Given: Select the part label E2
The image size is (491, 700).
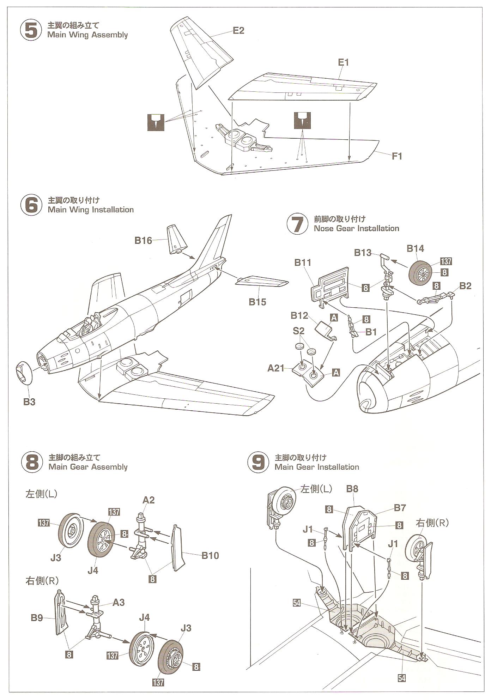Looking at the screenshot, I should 238,31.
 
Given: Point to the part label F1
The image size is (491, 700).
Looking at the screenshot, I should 397,156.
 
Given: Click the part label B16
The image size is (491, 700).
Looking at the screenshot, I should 143,241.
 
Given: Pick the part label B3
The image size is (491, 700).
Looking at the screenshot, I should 29,402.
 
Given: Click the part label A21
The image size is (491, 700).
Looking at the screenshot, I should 276,368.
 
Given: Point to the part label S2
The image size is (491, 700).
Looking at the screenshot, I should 298,331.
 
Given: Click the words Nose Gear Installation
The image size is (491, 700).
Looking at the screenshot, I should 356,229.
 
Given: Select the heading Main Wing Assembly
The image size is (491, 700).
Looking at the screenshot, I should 87,35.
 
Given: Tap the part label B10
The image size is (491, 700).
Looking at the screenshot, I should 210,556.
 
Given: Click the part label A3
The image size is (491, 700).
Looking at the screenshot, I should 119,602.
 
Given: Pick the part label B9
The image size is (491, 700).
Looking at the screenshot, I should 37,618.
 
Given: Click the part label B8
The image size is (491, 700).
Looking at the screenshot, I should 352,489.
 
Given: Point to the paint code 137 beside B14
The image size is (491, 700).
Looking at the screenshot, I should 446,261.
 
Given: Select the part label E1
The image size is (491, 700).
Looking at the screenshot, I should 343,62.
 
